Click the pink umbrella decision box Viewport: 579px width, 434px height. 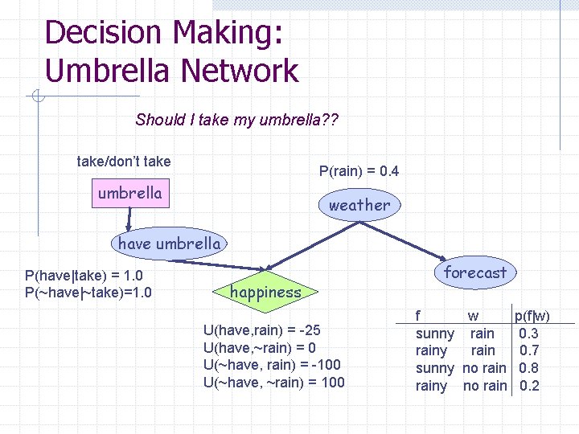[x=129, y=194]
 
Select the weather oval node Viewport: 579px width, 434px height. [x=359, y=205]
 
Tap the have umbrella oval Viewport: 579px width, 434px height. [x=169, y=243]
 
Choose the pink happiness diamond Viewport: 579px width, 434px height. [x=265, y=293]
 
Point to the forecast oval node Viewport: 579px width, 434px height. [x=474, y=272]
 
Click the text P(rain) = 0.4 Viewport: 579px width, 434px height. [x=359, y=171]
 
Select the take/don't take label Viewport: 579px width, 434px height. [x=123, y=162]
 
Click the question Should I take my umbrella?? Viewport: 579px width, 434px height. [x=237, y=121]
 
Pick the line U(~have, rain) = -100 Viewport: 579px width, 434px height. [x=272, y=365]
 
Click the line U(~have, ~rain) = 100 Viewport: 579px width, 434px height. [x=274, y=383]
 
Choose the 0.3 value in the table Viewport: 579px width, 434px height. [x=529, y=333]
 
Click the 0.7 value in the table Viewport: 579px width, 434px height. [x=529, y=350]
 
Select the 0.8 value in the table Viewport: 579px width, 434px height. [x=529, y=368]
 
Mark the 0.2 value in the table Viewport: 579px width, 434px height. [x=529, y=386]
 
